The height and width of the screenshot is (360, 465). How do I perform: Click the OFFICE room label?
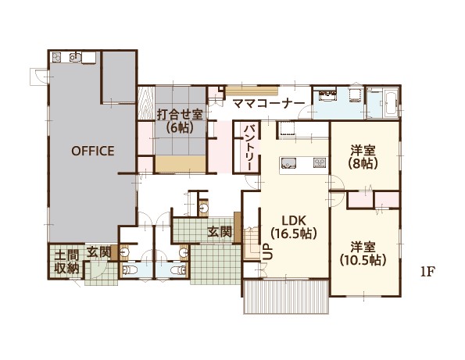click(x=93, y=151)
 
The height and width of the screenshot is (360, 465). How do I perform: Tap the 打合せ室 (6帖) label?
click(x=180, y=121)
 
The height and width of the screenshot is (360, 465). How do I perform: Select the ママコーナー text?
click(x=269, y=104)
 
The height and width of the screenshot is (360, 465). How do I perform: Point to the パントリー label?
click(x=248, y=148)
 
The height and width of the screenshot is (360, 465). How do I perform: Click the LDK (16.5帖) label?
click(x=294, y=227)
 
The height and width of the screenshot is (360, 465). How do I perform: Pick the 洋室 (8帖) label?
click(x=363, y=157)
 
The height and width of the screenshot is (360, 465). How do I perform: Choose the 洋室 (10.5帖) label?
click(x=363, y=254)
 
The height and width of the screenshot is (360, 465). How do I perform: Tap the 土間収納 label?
click(x=67, y=262)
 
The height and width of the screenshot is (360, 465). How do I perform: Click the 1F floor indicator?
click(x=427, y=272)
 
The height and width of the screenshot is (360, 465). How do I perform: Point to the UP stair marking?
click(x=267, y=252)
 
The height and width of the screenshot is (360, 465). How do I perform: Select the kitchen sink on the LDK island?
click(x=288, y=162)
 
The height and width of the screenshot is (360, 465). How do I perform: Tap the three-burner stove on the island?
click(x=320, y=162)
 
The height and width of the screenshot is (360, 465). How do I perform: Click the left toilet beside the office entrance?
click(x=130, y=269)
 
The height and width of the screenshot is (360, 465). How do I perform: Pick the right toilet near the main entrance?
click(x=179, y=269)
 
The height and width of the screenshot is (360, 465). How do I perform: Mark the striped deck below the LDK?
click(x=287, y=296)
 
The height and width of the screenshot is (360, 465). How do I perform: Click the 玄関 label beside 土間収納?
click(x=98, y=253)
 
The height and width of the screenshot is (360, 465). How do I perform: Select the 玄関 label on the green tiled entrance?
click(x=220, y=232)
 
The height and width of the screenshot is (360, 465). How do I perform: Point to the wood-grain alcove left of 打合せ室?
click(x=146, y=103)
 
